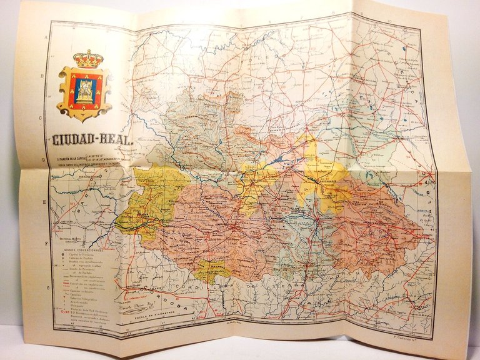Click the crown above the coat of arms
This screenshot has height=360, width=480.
(88, 59)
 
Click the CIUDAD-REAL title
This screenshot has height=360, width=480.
(89, 141)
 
